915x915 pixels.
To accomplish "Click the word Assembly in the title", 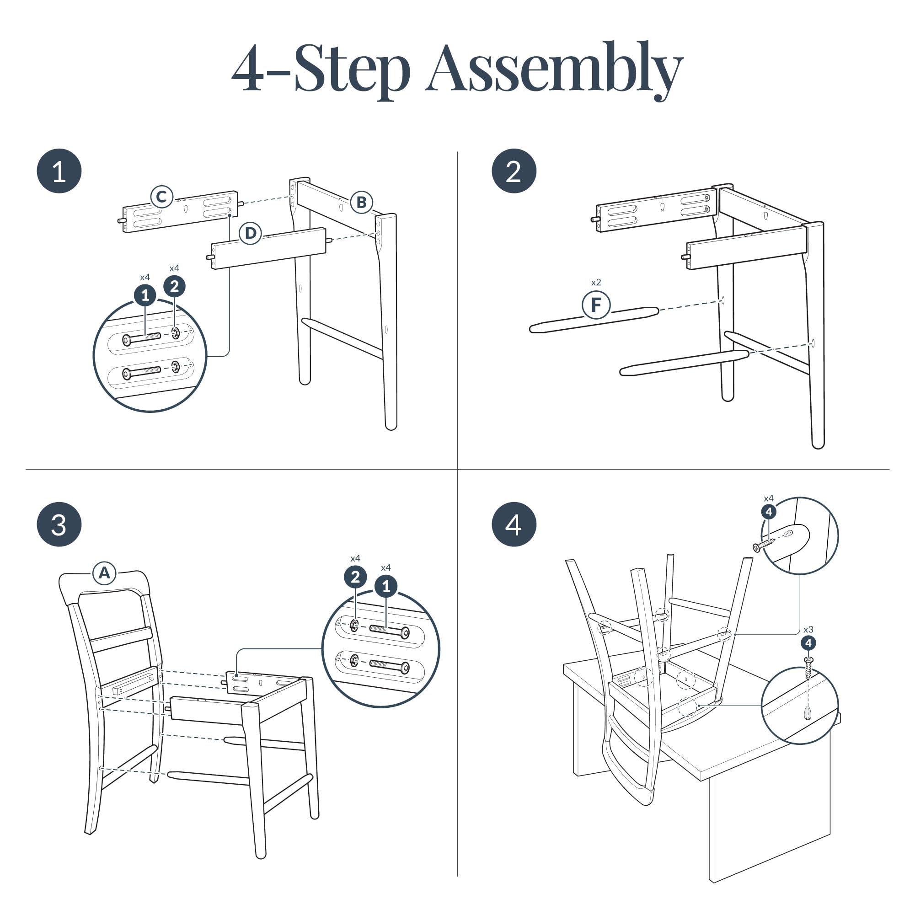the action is click(x=554, y=70).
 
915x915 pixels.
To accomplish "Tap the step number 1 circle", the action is click(x=59, y=171).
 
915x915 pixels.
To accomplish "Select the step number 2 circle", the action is click(x=514, y=171).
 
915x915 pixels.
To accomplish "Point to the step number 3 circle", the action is click(x=59, y=525).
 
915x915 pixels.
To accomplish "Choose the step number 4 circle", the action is click(x=514, y=525).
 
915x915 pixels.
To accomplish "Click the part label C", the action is click(x=162, y=197).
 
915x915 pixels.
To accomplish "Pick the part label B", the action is click(x=362, y=202).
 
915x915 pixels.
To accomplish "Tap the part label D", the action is click(x=251, y=233).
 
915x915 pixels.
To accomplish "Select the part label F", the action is click(x=596, y=305).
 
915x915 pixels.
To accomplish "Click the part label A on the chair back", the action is click(x=104, y=573).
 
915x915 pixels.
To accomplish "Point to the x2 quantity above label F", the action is click(x=596, y=282).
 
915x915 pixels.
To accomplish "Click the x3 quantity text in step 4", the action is click(x=808, y=629).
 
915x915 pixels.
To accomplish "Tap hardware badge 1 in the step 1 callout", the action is click(x=145, y=295).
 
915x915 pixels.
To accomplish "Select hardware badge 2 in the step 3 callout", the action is click(x=355, y=577).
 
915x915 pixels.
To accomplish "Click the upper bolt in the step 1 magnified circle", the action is click(x=142, y=338).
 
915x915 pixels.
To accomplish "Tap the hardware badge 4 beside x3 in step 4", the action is click(x=808, y=643).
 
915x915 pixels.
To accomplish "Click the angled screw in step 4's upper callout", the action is click(x=764, y=544).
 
